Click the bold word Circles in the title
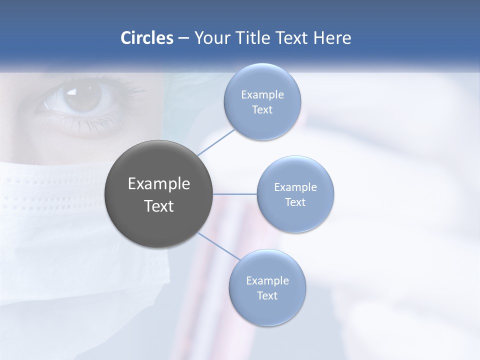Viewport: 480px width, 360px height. (146, 38)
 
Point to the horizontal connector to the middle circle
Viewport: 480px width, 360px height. (235, 194)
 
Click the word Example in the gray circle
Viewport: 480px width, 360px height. (159, 184)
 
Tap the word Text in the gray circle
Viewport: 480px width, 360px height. (159, 206)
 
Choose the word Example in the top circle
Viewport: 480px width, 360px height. (262, 94)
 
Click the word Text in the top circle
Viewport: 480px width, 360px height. (262, 110)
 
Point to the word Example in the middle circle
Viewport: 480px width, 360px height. (295, 187)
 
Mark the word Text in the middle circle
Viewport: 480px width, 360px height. (295, 202)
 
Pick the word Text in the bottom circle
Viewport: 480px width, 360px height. (267, 296)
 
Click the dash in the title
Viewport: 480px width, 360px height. (183, 38)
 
